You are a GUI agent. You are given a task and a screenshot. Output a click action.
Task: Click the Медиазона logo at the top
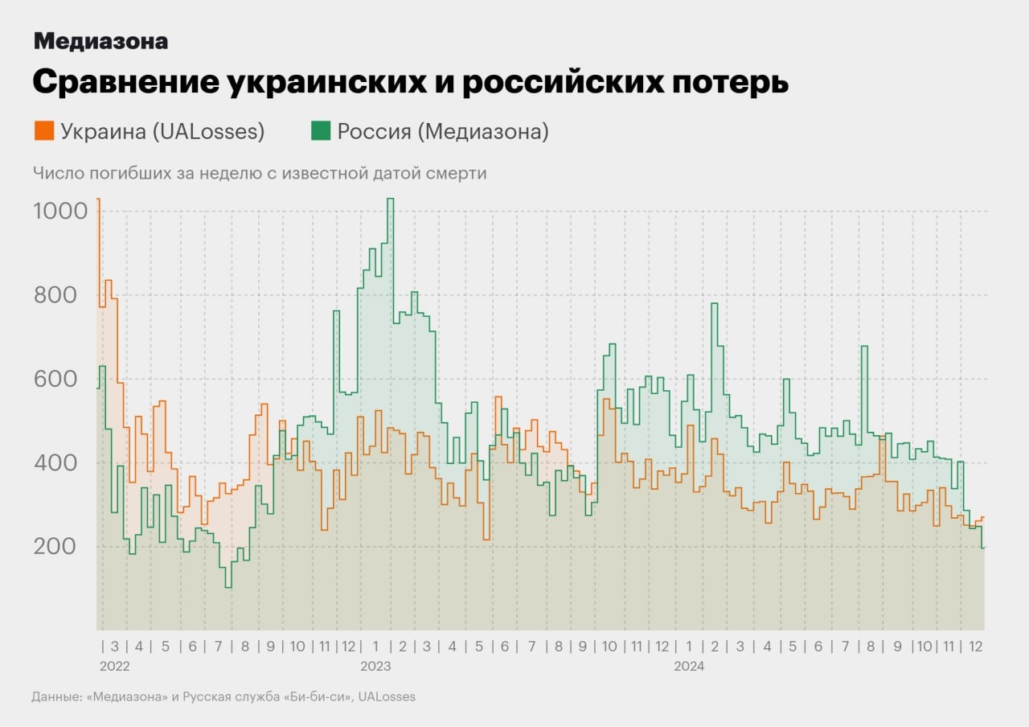[100, 41]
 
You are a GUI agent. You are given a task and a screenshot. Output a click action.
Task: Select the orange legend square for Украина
[44, 130]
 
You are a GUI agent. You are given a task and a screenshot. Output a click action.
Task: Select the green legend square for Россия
[321, 130]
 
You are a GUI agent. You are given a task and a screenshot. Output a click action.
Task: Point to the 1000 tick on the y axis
[59, 212]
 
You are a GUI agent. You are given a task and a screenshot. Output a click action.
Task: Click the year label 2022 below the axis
[114, 667]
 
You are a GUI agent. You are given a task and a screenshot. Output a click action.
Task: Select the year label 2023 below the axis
[375, 667]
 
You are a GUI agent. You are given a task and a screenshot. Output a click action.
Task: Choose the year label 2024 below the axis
[689, 667]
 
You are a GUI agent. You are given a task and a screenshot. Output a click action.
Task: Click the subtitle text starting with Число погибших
[260, 173]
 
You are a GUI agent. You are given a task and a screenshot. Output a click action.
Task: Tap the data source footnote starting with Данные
[223, 696]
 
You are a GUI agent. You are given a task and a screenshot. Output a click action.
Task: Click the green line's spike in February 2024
[714, 304]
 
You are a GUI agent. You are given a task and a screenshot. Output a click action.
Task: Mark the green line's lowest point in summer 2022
[228, 587]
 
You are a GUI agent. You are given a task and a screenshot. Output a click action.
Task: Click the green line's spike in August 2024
[864, 347]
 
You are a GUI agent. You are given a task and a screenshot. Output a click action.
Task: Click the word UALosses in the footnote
[387, 696]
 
